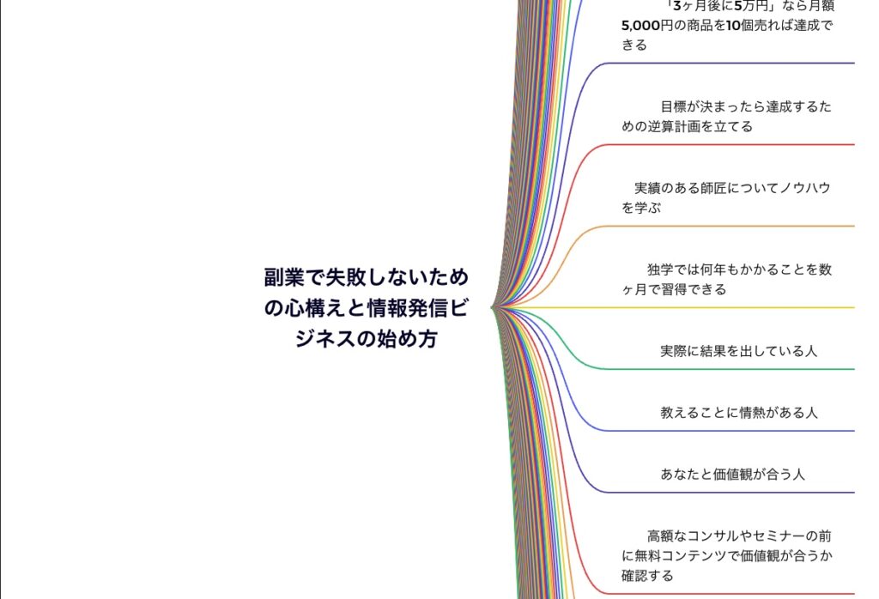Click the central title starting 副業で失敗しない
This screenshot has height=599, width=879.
[x=367, y=308]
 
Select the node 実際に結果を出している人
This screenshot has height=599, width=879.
[x=738, y=351]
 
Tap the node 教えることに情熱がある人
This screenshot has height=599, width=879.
[x=738, y=413]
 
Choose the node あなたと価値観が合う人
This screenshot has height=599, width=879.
[x=732, y=475]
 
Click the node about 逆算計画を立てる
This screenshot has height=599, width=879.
[x=727, y=117]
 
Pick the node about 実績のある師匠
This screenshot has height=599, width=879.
[x=727, y=197]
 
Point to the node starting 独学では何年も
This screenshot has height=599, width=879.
[x=727, y=279]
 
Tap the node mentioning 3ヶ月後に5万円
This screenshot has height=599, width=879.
[x=727, y=25]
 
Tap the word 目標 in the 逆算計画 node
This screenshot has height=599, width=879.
[x=673, y=107]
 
